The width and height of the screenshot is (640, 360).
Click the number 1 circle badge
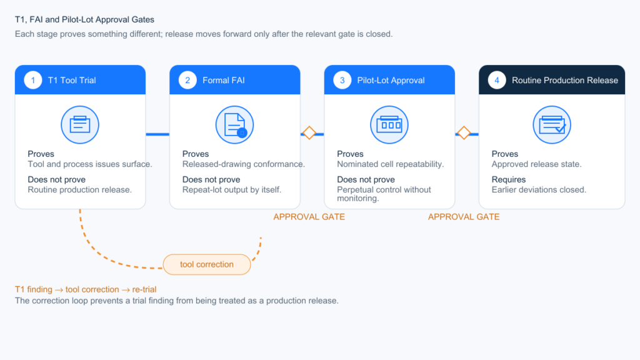coord(33,81)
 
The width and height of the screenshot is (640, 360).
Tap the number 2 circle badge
coord(187,81)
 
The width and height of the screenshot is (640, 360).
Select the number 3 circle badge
coord(342,81)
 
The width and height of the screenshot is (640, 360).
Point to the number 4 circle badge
coord(497,81)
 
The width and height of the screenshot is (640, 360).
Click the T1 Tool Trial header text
coord(72,81)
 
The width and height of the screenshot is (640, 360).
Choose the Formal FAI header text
coord(224,81)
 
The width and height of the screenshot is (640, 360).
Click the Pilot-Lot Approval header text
coord(391,81)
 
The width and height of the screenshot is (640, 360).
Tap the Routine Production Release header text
coord(565,81)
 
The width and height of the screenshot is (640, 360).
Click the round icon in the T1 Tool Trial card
coord(80,125)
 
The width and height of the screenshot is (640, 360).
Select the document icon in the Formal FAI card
coord(235,125)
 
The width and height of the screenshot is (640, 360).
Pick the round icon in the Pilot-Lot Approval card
coord(389,125)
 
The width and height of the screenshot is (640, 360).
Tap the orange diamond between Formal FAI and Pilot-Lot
coord(309,132)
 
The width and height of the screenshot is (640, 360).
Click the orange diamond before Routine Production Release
coord(464,132)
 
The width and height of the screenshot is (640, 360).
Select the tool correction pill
coord(207,264)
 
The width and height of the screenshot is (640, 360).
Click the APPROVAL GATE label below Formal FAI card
coord(309,217)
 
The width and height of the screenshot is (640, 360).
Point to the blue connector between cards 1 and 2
coord(157,134)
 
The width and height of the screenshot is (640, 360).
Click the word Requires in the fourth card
coord(509,179)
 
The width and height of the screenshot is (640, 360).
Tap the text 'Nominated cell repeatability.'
coord(390,164)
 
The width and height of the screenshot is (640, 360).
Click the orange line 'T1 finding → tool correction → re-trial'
coord(86,289)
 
